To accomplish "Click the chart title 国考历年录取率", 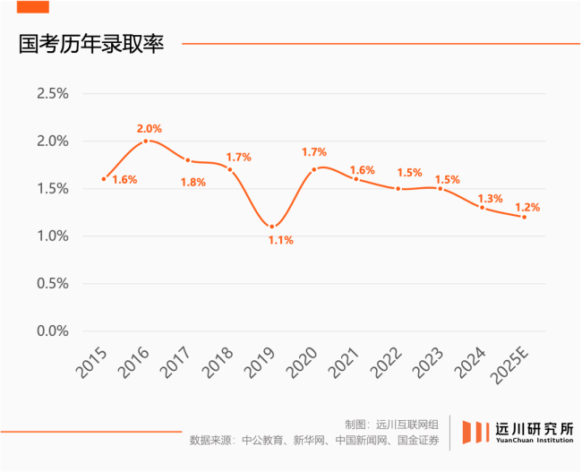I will point(91,45).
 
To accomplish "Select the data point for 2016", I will point(146,141).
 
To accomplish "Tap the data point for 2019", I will point(272,227).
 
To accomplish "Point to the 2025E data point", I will point(525,217).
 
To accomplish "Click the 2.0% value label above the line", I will point(150,128).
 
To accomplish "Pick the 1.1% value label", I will point(281,240).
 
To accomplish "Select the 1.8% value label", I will point(193,182).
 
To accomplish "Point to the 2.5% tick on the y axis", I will point(53,94).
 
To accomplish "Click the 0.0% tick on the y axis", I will point(53,330).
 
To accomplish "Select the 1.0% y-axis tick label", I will point(53,236).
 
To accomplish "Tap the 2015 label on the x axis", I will point(92,360).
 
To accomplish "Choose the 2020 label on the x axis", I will point(303,360).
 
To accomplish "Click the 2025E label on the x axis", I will point(510,363).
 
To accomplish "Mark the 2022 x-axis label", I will point(387,360).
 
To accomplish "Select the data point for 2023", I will point(441,188).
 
